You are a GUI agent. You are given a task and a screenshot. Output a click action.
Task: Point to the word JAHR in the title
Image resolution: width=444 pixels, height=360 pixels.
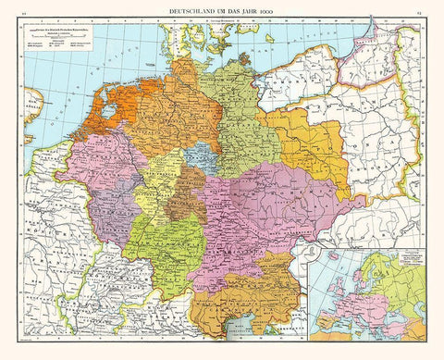click(245, 8)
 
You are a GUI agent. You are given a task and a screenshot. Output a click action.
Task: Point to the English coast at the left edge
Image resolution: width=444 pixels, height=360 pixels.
click(33, 102)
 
